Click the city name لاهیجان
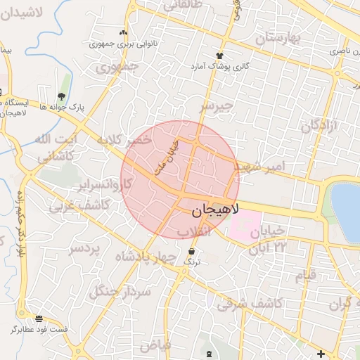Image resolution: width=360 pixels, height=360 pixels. (215, 210)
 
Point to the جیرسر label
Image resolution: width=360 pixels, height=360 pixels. (214, 106)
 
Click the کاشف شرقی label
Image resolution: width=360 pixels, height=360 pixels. (250, 303)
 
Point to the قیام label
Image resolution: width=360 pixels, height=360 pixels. (305, 276)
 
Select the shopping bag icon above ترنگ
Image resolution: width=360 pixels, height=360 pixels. (191, 251)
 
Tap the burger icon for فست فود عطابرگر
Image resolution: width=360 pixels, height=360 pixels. (39, 319)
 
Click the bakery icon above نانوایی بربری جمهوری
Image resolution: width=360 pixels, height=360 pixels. (124, 33)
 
